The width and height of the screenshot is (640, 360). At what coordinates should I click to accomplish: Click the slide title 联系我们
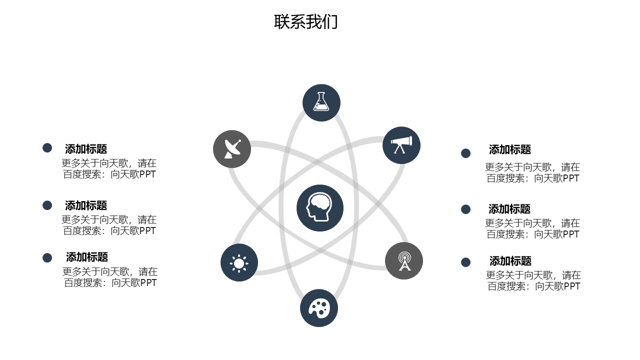pyautogui.click(x=306, y=22)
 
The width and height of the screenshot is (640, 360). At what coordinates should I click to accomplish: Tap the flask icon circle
pyautogui.click(x=321, y=102)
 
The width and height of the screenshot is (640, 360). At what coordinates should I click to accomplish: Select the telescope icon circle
pyautogui.click(x=401, y=145)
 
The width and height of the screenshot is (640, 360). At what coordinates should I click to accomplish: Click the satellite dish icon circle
pyautogui.click(x=232, y=149)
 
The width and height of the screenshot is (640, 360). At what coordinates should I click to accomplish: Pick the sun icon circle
pyautogui.click(x=239, y=262)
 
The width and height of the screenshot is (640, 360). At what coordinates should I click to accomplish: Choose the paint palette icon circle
pyautogui.click(x=319, y=308)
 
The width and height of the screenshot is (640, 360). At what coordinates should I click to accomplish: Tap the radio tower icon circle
pyautogui.click(x=404, y=261)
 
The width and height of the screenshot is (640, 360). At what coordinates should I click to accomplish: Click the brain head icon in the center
pyautogui.click(x=320, y=208)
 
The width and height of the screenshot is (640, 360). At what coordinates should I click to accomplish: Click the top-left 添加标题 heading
pyautogui.click(x=86, y=149)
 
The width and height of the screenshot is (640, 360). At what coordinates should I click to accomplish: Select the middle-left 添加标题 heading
pyautogui.click(x=86, y=205)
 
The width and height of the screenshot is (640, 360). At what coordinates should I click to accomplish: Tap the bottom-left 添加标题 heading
pyautogui.click(x=87, y=257)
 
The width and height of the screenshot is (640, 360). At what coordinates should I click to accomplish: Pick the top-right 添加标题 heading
pyautogui.click(x=510, y=149)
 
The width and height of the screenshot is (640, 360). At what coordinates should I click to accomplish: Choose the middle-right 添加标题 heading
pyautogui.click(x=509, y=209)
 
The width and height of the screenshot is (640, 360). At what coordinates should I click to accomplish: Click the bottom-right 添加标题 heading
pyautogui.click(x=510, y=261)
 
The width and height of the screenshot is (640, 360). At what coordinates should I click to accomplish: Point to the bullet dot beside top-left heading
pyautogui.click(x=47, y=148)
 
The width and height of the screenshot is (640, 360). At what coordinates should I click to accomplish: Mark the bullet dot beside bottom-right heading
pyautogui.click(x=465, y=262)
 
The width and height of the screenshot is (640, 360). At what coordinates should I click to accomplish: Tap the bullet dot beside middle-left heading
pyautogui.click(x=47, y=205)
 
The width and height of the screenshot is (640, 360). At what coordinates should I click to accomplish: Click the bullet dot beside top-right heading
pyautogui.click(x=465, y=153)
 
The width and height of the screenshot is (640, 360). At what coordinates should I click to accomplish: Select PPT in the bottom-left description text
pyautogui.click(x=148, y=283)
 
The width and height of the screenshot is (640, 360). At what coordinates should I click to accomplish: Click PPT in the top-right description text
pyautogui.click(x=570, y=178)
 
